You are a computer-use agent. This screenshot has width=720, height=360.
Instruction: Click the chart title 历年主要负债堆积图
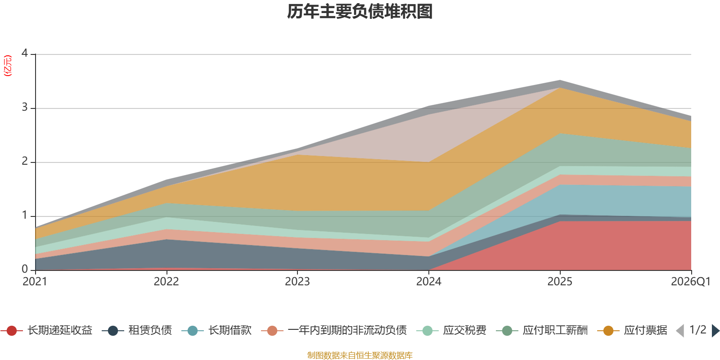coord(360,12)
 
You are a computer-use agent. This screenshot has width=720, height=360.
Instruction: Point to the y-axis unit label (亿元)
coord(7,66)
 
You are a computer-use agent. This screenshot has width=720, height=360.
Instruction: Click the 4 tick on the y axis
coord(25,53)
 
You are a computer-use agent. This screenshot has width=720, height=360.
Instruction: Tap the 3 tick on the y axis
coord(25,107)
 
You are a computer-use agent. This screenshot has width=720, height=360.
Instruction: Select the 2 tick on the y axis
coord(25,161)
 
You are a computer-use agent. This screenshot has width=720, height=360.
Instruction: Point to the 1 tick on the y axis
coord(25,215)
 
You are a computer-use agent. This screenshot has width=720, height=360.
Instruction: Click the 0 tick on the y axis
coord(25,269)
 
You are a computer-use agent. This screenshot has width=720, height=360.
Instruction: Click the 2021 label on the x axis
coord(35,282)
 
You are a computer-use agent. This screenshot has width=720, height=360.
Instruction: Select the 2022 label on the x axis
coord(166,282)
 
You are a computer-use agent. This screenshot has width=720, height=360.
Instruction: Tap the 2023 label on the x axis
coord(297,282)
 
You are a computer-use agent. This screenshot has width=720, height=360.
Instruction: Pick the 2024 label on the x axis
coord(429,282)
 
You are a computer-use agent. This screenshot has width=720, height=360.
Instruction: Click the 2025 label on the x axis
coord(560,282)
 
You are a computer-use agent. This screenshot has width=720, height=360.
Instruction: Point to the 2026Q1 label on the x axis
coord(691,282)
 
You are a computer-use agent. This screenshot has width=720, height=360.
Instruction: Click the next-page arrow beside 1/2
coord(715,330)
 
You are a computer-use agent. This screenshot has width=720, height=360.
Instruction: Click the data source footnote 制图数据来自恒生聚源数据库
coord(360,355)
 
